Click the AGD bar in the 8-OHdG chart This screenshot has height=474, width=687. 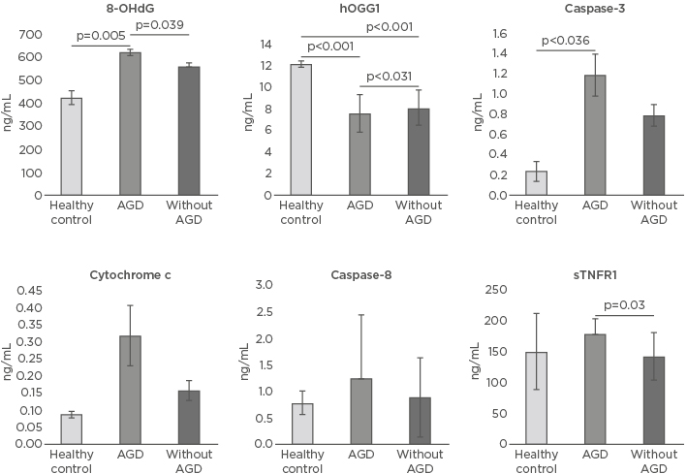[131, 123]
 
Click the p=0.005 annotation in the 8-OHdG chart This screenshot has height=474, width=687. [100, 36]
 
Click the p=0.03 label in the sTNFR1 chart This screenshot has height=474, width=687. [625, 305]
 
